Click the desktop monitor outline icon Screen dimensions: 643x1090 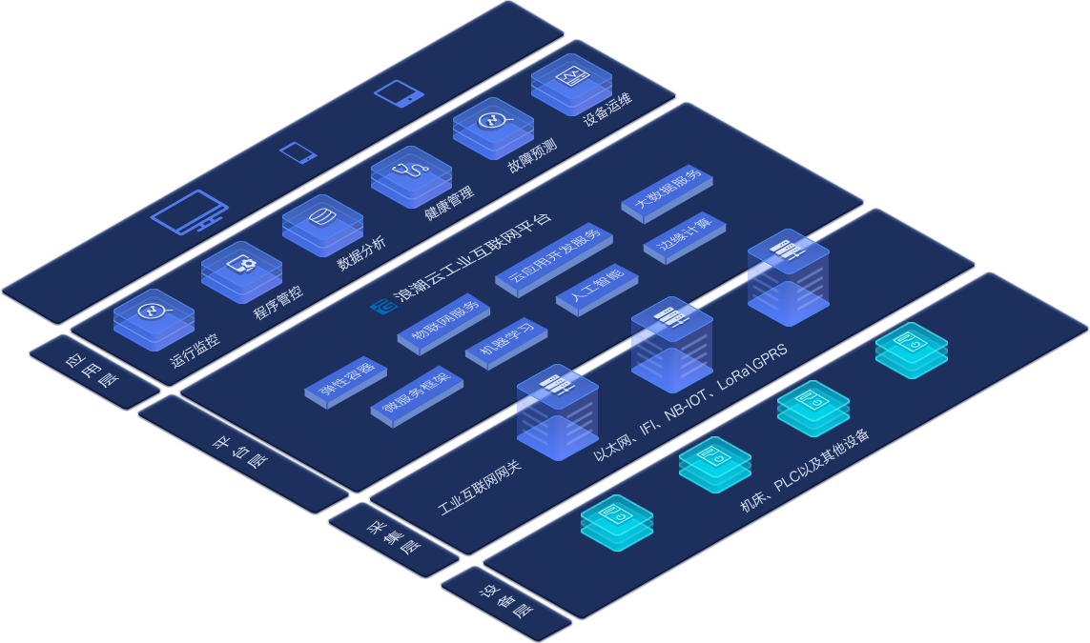(189, 212)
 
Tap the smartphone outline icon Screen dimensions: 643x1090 (298, 152)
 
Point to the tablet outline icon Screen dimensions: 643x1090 (399, 93)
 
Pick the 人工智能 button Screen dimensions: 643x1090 (596, 288)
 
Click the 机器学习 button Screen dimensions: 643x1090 (506, 342)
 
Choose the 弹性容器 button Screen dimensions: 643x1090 (345, 382)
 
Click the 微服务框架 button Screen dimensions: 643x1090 (416, 393)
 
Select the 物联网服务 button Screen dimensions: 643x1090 (444, 324)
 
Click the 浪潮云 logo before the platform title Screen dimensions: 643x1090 (382, 305)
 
